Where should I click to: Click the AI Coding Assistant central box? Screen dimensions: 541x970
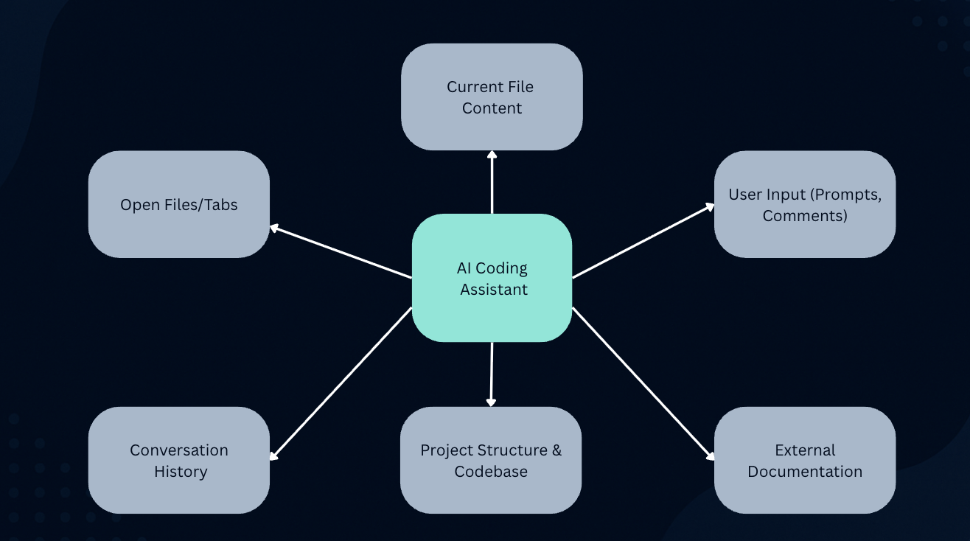492,278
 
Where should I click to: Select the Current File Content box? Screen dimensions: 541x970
492,97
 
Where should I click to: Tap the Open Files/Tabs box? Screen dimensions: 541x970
179,204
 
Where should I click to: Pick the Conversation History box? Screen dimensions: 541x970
179,460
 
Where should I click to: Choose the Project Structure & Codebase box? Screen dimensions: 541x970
491,460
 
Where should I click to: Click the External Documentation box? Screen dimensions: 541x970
805,460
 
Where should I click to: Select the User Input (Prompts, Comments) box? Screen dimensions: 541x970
805,204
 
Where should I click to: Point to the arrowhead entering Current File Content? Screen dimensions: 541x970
492,155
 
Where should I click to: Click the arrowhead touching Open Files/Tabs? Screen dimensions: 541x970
274,228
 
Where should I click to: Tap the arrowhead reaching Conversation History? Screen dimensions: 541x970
273,456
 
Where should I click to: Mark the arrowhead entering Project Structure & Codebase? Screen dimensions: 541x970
491,402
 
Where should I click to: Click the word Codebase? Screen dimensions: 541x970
491,472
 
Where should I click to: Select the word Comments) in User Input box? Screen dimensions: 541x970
805,216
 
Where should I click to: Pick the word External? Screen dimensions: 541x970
805,450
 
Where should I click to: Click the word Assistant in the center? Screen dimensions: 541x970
494,290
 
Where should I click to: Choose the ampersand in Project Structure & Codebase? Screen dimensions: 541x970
556,450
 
